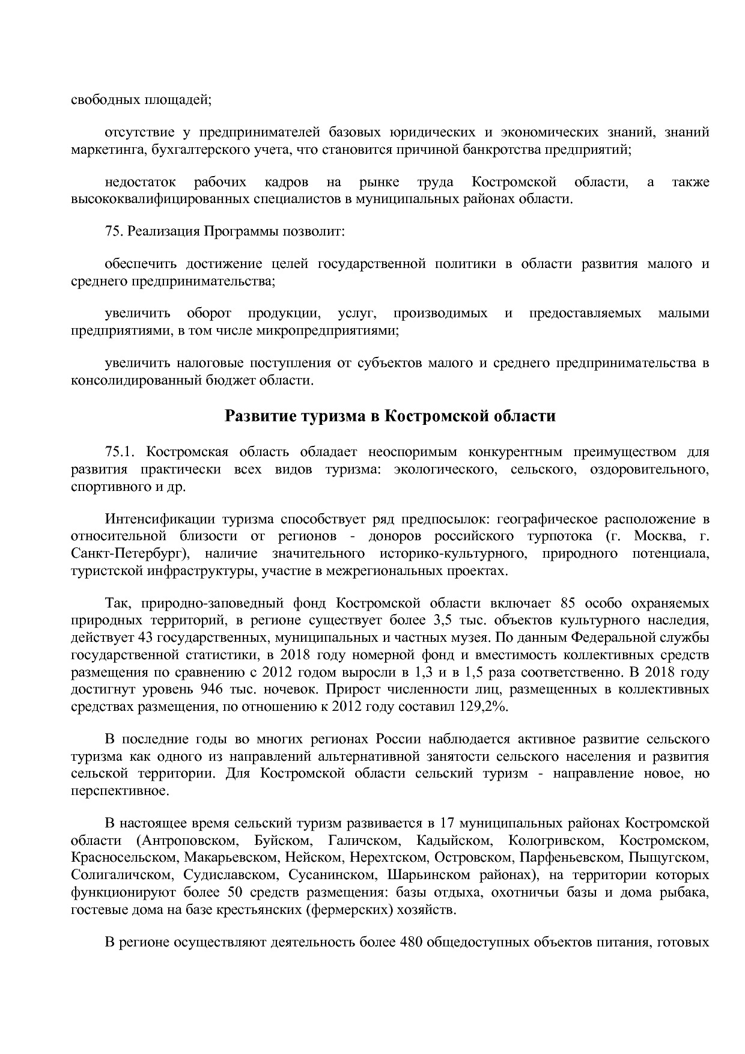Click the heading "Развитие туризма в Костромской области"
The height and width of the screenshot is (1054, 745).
tap(390, 416)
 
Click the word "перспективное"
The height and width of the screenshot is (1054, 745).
tap(120, 791)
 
